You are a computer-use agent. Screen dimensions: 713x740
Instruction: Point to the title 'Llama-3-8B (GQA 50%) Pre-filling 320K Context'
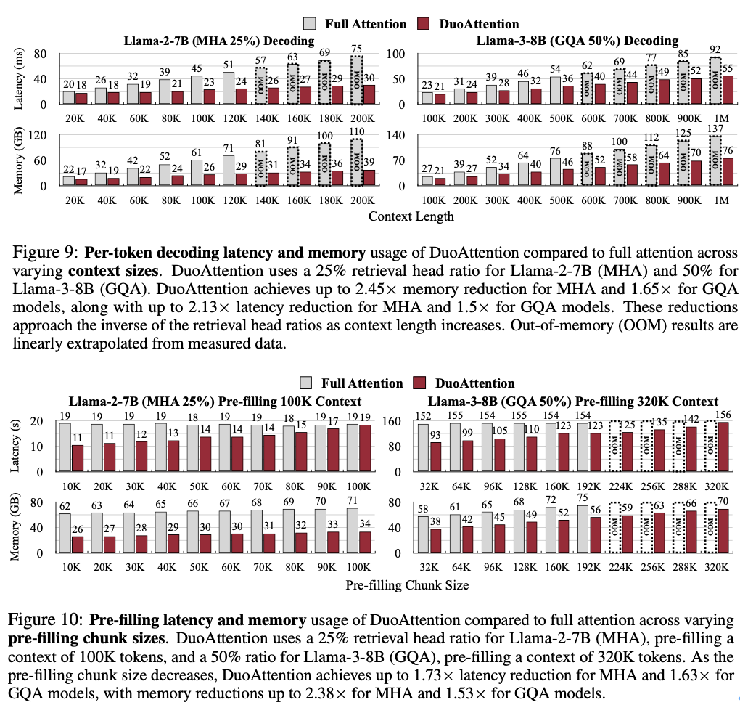point(573,401)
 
